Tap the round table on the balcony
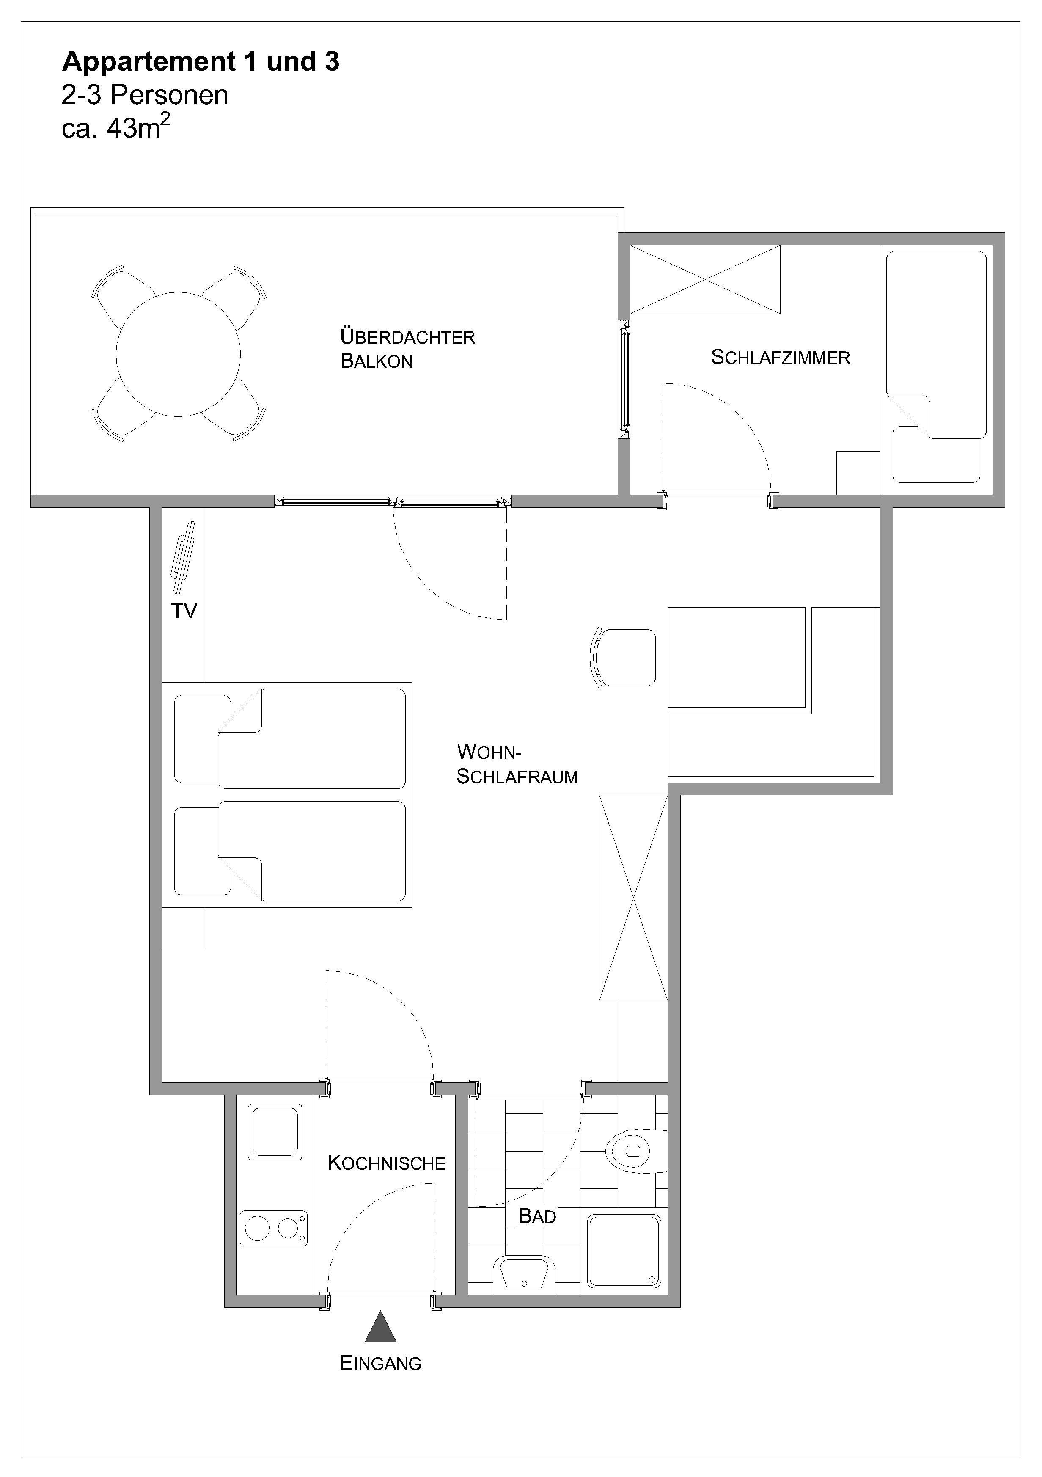coord(178,355)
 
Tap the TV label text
coord(184,611)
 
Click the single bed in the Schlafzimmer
coord(936,366)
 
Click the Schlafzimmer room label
coord(780,357)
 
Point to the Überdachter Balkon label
coord(407,349)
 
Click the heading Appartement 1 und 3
coord(201,62)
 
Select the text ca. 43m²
coord(116,127)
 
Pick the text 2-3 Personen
coord(145,95)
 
